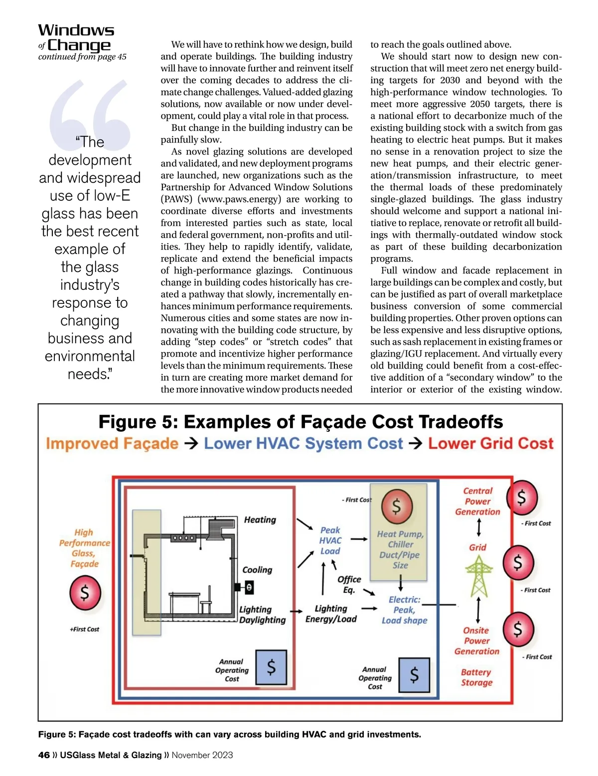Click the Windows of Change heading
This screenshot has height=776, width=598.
pyautogui.click(x=76, y=38)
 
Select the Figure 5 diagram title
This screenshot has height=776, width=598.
pyautogui.click(x=300, y=422)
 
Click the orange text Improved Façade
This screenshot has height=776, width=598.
pyautogui.click(x=112, y=443)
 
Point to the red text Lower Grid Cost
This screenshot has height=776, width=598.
pyautogui.click(x=490, y=443)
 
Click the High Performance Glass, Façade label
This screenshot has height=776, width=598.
pyautogui.click(x=84, y=548)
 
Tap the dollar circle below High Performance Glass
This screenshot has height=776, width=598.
pyautogui.click(x=85, y=593)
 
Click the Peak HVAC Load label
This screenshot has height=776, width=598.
pyautogui.click(x=330, y=540)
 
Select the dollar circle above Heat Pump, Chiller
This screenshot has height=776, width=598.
pyautogui.click(x=397, y=506)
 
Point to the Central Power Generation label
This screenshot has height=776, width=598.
pyautogui.click(x=477, y=501)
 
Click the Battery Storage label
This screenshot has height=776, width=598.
pyautogui.click(x=476, y=677)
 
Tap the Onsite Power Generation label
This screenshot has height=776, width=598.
pyautogui.click(x=476, y=641)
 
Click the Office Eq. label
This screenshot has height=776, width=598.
pyautogui.click(x=349, y=584)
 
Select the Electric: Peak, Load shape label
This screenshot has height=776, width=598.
pyautogui.click(x=404, y=610)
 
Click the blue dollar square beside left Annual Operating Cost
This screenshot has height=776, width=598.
pyautogui.click(x=271, y=667)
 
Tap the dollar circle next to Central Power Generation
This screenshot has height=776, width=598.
pyautogui.click(x=522, y=497)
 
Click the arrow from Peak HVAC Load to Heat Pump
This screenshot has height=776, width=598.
pyautogui.click(x=359, y=539)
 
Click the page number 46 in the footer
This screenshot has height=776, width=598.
pyautogui.click(x=44, y=755)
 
